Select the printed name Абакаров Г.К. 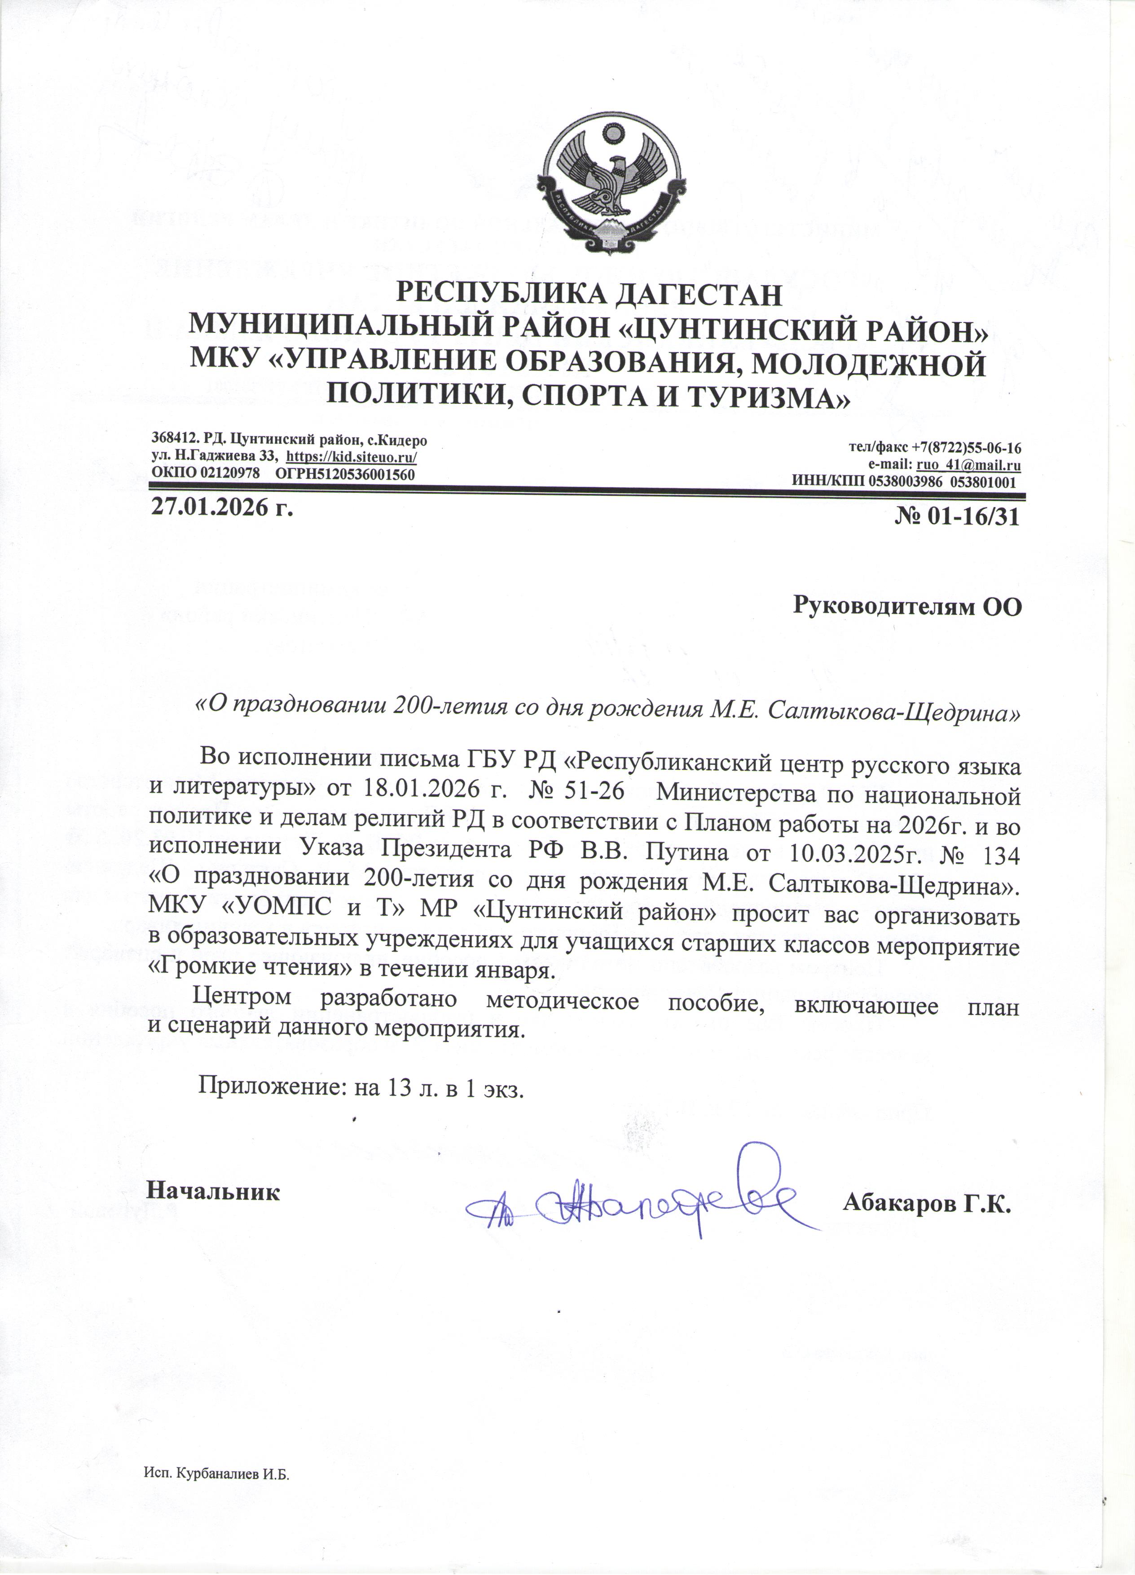pos(927,1204)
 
